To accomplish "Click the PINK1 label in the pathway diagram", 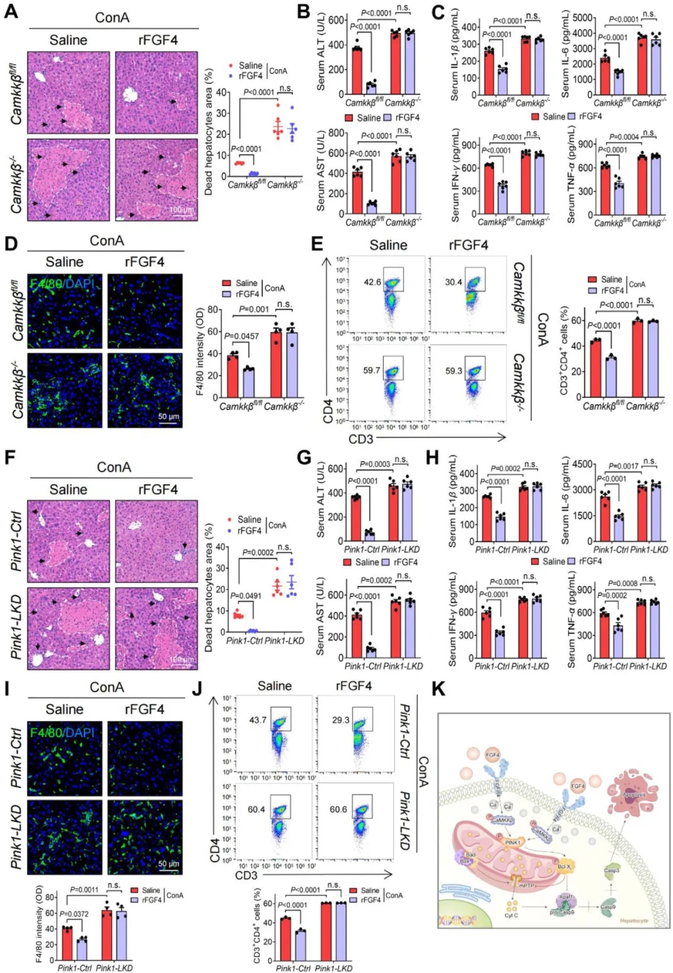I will click(x=513, y=842).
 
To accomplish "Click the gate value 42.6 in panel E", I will click(x=373, y=282).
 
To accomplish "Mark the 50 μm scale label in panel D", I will click(x=168, y=416).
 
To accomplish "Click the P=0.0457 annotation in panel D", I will click(x=242, y=337).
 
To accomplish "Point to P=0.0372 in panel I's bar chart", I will click(x=75, y=913).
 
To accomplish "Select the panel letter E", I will click(x=317, y=242).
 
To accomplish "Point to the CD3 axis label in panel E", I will click(x=361, y=439).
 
